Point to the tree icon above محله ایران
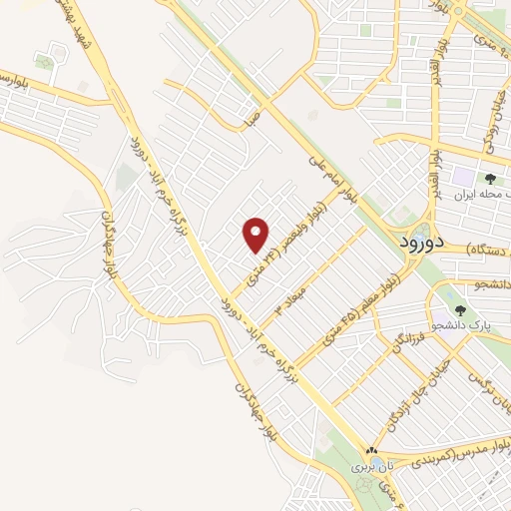click(491, 178)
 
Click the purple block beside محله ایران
click(465, 179)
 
